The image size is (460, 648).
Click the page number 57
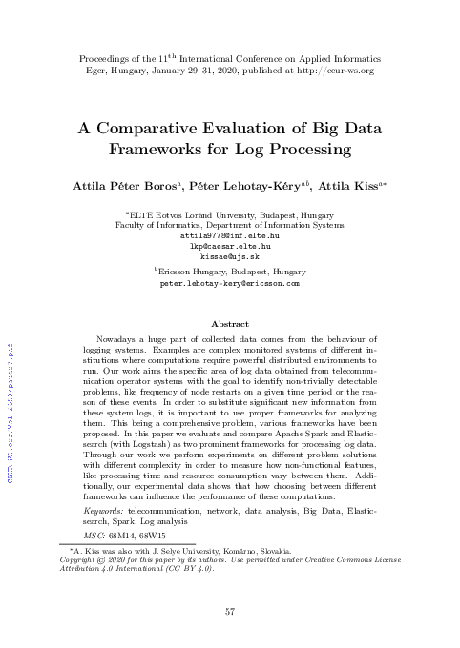click(230, 611)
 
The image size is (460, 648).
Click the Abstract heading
click(229, 324)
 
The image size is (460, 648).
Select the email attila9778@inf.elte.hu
click(229, 233)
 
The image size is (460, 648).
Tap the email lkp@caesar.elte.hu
click(229, 245)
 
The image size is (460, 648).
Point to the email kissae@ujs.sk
click(229, 256)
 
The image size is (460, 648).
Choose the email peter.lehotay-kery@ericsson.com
click(229, 283)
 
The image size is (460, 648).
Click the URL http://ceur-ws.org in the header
click(333, 71)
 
